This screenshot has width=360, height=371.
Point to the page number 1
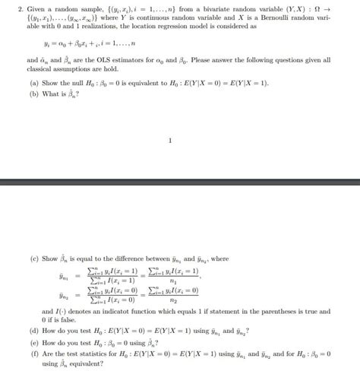point(171,140)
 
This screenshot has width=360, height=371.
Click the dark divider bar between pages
point(180,185)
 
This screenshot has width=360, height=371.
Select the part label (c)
point(33,258)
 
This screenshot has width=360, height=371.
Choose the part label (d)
point(33,331)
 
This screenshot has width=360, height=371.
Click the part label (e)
point(33,342)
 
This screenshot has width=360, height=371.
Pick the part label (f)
point(33,354)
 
